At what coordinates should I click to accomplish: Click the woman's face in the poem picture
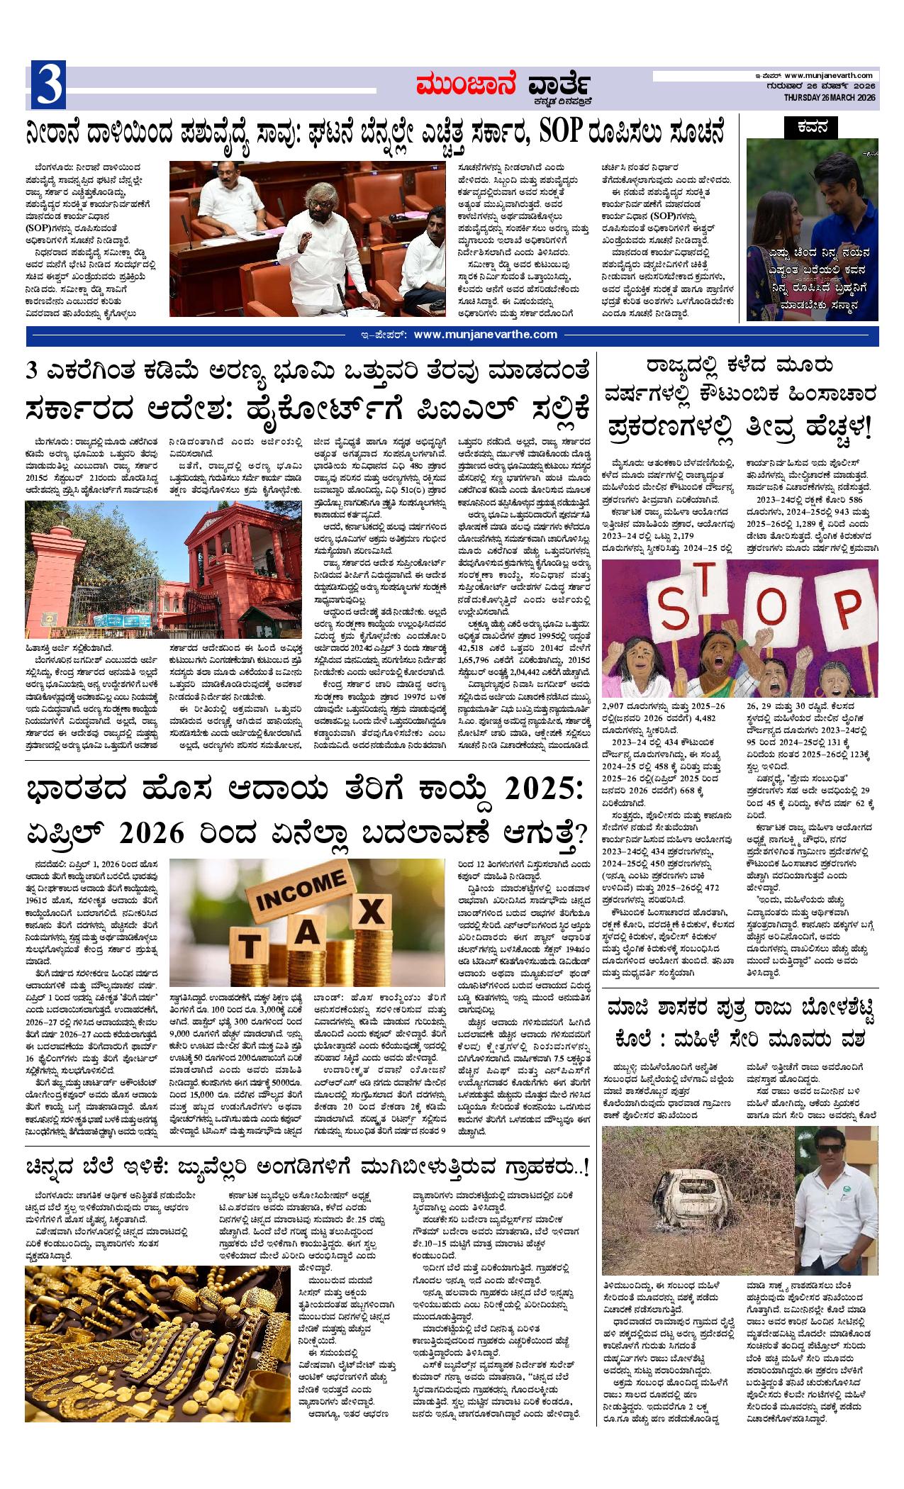774,205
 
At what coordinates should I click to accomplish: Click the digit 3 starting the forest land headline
33,371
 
